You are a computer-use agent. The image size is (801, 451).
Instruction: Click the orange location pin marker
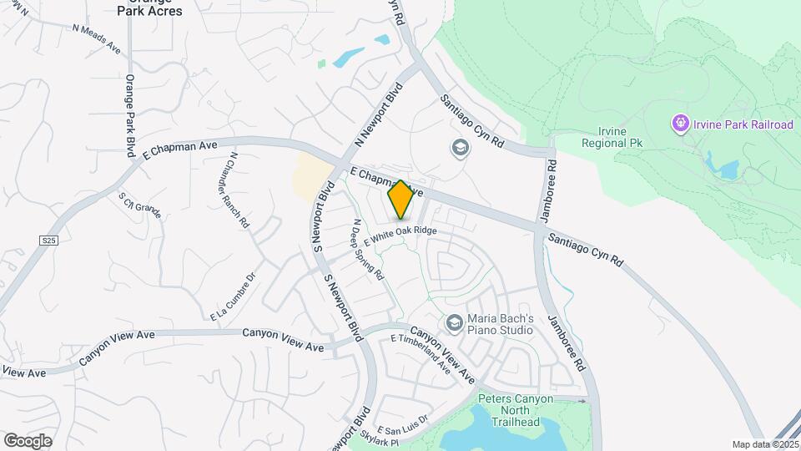400,199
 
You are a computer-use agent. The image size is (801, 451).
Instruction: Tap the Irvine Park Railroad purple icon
681,124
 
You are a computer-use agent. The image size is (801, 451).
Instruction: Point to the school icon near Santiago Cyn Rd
459,149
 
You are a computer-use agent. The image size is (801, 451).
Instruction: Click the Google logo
28,440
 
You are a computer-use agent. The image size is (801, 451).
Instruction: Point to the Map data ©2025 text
764,444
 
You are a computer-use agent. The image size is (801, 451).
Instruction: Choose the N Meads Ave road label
97,39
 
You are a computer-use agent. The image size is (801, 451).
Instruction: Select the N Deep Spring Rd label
368,249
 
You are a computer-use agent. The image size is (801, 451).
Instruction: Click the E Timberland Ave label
421,355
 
